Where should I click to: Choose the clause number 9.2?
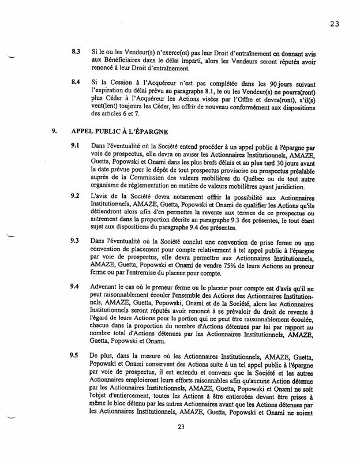pyautogui.click(x=75, y=196)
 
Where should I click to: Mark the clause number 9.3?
pyautogui.click(x=75, y=238)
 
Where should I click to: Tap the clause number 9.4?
pyautogui.click(x=75, y=286)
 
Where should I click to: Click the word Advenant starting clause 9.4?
pyautogui.click(x=108, y=287)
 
